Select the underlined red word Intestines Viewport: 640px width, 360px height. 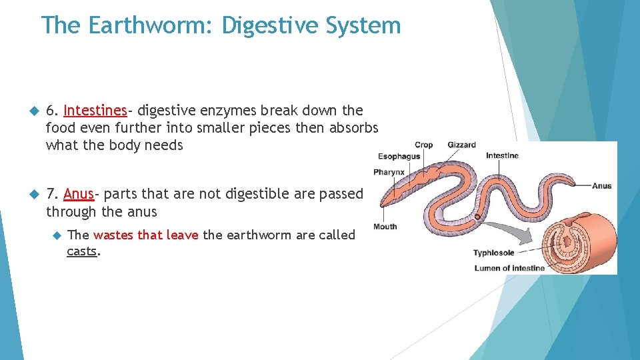click(95, 110)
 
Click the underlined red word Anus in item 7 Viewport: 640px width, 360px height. click(79, 194)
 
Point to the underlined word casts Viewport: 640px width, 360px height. click(82, 252)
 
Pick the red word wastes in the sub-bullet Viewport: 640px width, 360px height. click(114, 235)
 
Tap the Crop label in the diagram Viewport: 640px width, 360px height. click(423, 145)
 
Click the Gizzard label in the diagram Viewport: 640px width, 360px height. click(461, 145)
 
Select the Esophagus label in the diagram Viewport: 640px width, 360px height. click(399, 157)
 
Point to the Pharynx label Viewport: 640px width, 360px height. click(389, 172)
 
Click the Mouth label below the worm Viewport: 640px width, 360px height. click(385, 227)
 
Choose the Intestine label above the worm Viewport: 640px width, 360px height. click(502, 156)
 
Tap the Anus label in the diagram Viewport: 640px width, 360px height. click(601, 186)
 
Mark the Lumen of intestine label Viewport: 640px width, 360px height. click(509, 268)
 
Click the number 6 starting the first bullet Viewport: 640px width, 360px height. click(51, 110)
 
